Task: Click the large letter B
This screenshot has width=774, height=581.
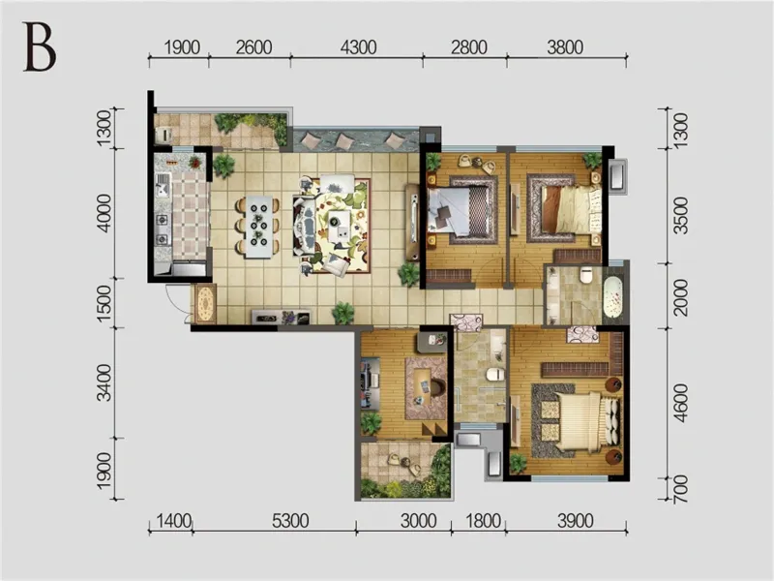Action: (40, 47)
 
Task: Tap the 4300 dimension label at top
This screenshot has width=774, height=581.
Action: (358, 47)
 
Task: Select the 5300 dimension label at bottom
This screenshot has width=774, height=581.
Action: (290, 521)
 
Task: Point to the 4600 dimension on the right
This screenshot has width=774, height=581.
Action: (680, 403)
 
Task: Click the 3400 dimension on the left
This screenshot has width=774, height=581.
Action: (104, 383)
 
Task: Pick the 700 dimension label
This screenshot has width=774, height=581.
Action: (680, 489)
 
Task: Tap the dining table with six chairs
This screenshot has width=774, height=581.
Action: (258, 227)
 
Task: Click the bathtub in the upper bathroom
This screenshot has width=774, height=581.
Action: (612, 297)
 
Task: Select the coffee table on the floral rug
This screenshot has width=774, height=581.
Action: (340, 226)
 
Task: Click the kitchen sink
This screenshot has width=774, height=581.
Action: (163, 186)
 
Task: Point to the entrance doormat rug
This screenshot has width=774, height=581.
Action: (205, 304)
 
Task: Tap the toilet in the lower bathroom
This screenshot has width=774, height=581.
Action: (495, 374)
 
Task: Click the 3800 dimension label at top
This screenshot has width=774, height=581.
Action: (565, 47)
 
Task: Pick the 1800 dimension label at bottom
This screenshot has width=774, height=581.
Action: (483, 521)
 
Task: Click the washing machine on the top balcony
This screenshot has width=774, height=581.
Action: (164, 135)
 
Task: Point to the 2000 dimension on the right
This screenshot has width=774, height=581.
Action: (680, 297)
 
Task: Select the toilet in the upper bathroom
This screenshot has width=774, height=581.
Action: (586, 275)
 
